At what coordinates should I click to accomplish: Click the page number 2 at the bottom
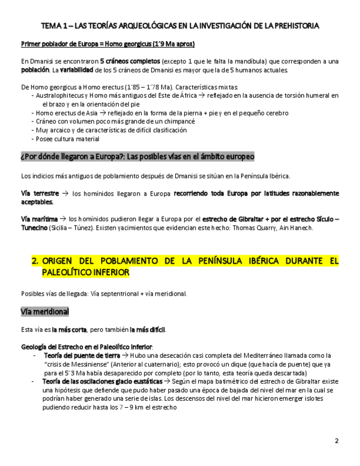click(x=336, y=441)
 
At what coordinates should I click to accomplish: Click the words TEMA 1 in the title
click(x=54, y=26)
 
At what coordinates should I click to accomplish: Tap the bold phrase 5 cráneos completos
click(x=130, y=61)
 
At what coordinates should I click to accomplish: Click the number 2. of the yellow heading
click(x=36, y=261)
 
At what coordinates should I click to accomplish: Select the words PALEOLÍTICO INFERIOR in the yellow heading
click(x=86, y=272)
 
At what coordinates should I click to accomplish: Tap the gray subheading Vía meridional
click(x=45, y=312)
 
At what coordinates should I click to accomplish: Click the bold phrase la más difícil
click(x=147, y=330)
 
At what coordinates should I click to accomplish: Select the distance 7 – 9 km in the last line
click(x=134, y=407)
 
